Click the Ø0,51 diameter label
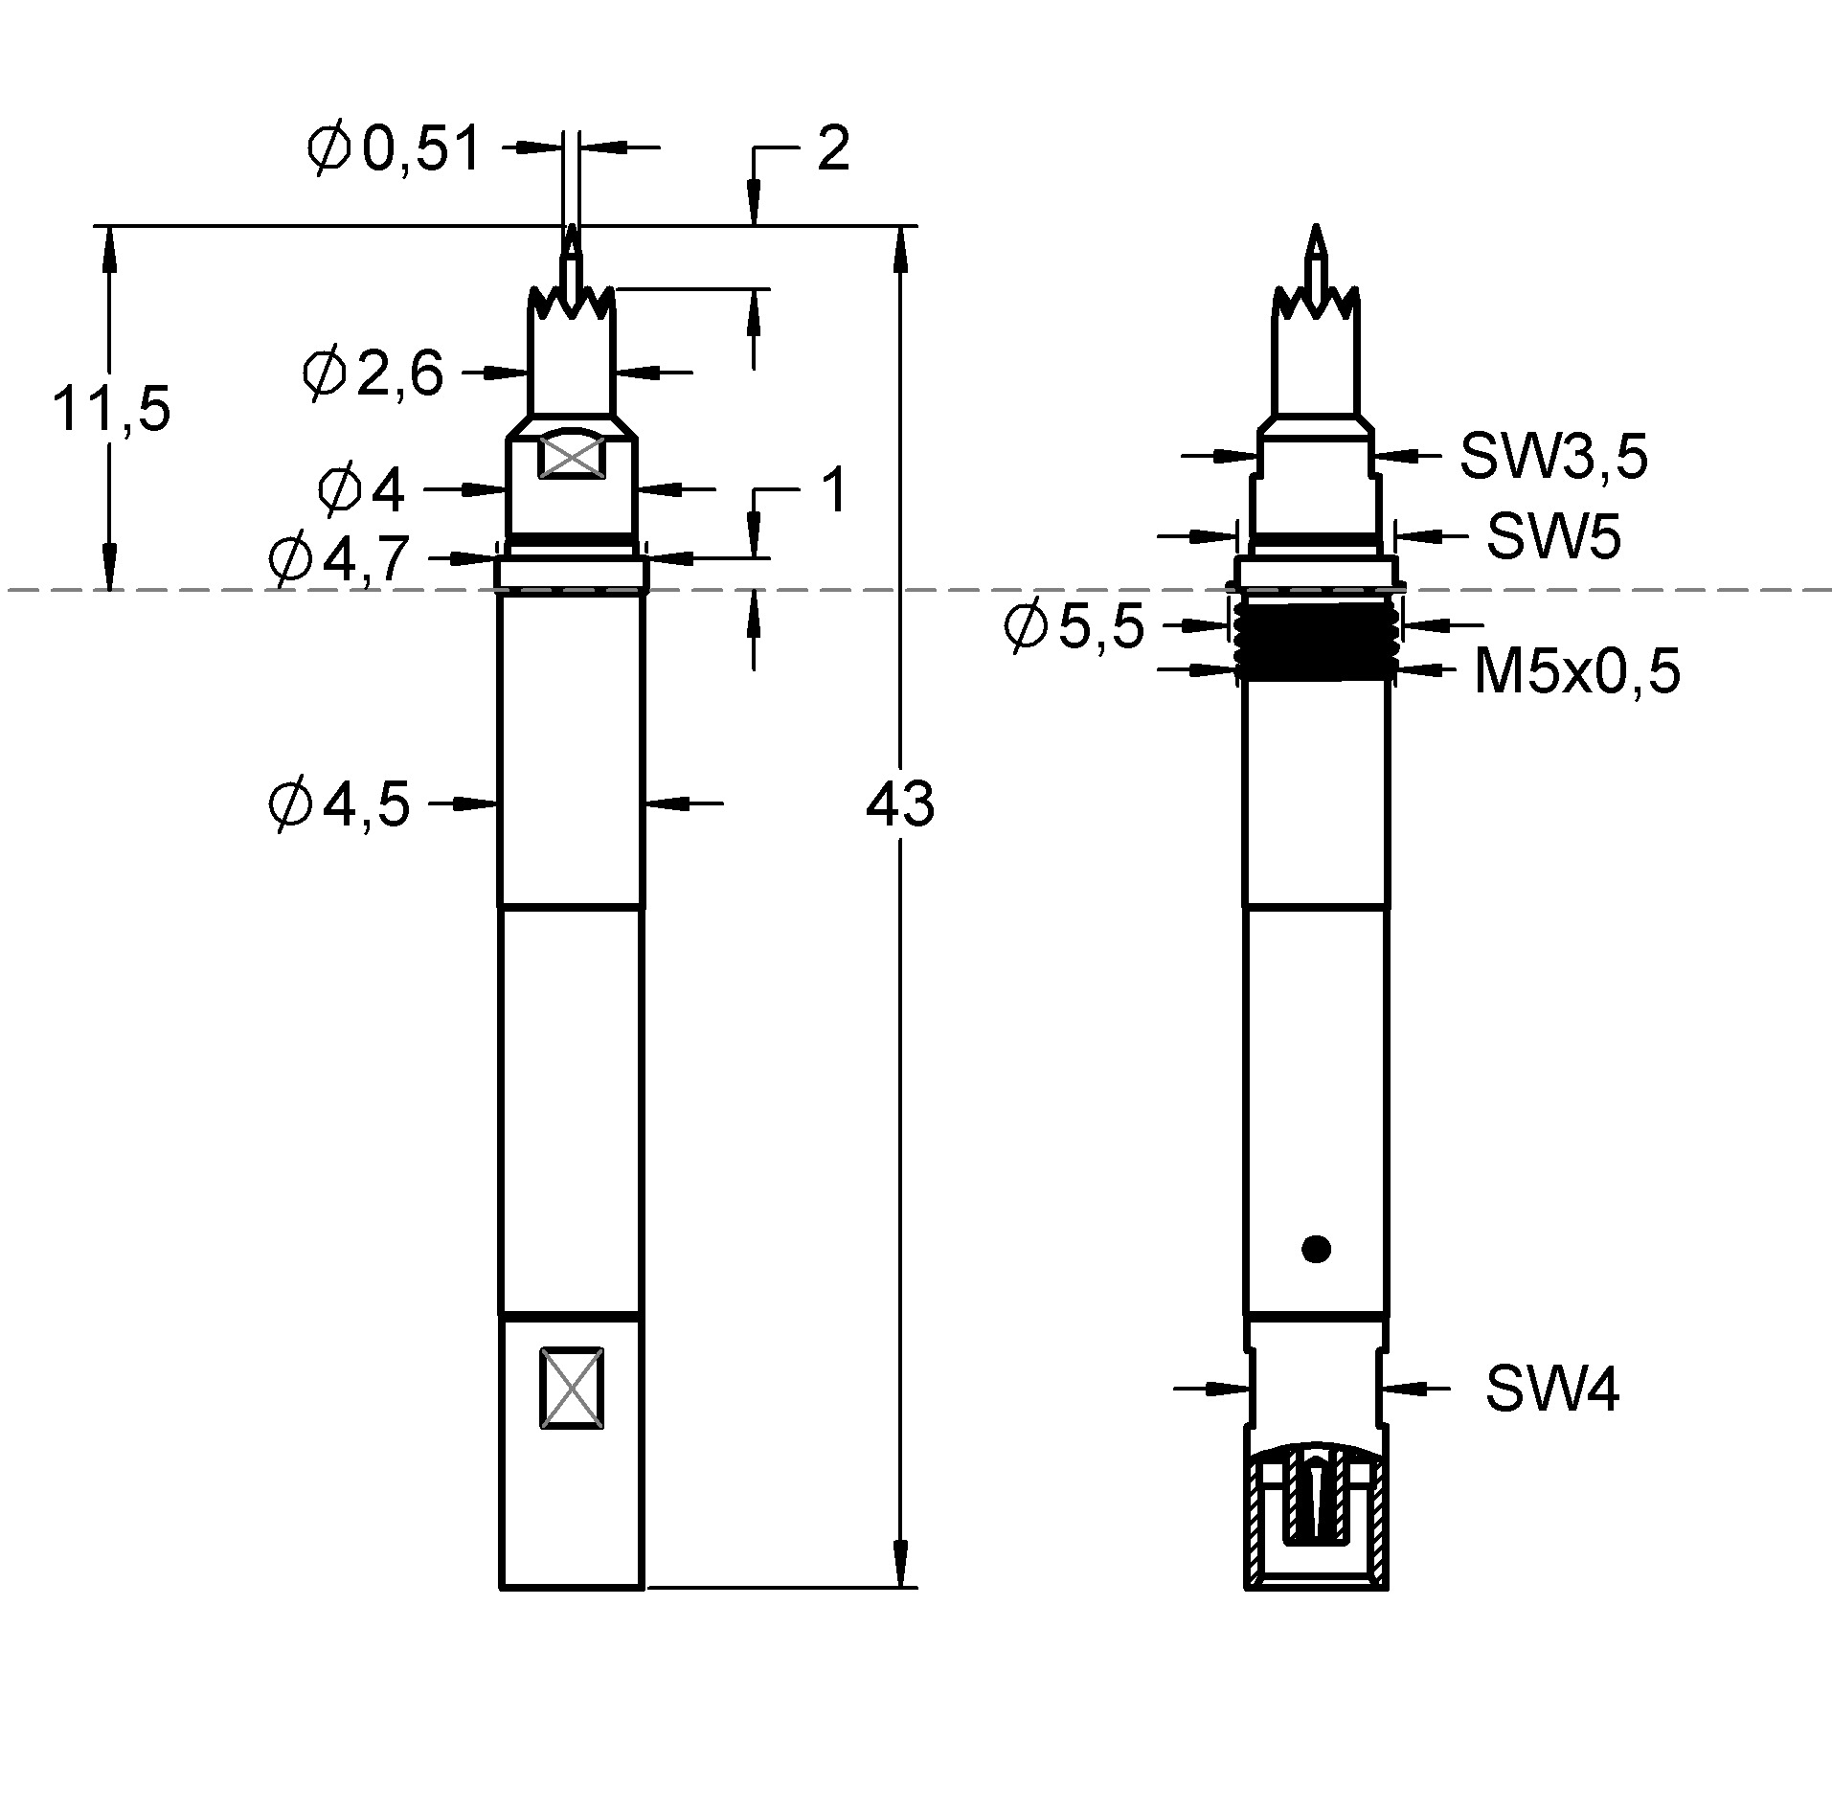pyautogui.click(x=394, y=150)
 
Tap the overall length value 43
pyautogui.click(x=898, y=803)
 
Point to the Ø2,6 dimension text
pyautogui.click(x=373, y=373)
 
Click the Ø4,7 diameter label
pyautogui.click(x=340, y=558)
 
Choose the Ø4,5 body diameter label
pyautogui.click(x=340, y=803)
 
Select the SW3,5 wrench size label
pyautogui.click(x=1552, y=457)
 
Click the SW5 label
pyautogui.click(x=1552, y=536)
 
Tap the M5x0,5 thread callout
pyautogui.click(x=1576, y=671)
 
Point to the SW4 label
pyautogui.click(x=1551, y=1389)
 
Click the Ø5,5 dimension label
pyautogui.click(x=1074, y=627)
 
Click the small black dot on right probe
pyautogui.click(x=1316, y=1249)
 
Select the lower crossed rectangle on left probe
pyautogui.click(x=572, y=1389)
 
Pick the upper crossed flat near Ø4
pyautogui.click(x=572, y=455)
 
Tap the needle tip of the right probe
pyautogui.click(x=1317, y=235)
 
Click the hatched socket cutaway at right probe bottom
pyautogui.click(x=1316, y=1523)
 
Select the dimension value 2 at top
pyautogui.click(x=832, y=150)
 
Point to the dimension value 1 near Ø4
pyautogui.click(x=834, y=490)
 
